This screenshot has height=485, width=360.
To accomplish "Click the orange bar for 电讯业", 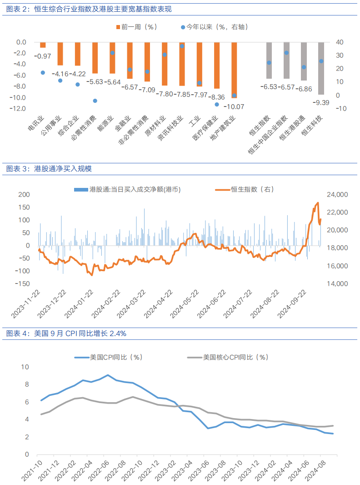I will point(43,45).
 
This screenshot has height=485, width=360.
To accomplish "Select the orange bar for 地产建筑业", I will point(234,70).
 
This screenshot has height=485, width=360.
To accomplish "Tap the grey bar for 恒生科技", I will point(321,68).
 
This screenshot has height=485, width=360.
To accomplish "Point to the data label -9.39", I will point(321,103).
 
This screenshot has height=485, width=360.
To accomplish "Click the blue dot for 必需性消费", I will point(95,101).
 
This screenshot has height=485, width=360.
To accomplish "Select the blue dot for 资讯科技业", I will point(182,46).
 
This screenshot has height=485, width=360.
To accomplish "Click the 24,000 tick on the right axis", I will point(337,195).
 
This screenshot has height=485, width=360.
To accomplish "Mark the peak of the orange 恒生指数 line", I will point(318,203).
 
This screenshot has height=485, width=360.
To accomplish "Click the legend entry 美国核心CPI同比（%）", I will point(230,358).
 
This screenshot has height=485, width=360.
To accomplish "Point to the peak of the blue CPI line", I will point(108,375).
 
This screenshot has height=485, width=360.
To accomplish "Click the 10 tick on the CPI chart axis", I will point(25,367).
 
